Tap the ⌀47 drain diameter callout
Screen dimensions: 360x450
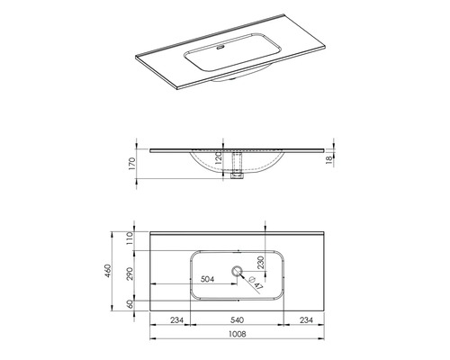[259, 286]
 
